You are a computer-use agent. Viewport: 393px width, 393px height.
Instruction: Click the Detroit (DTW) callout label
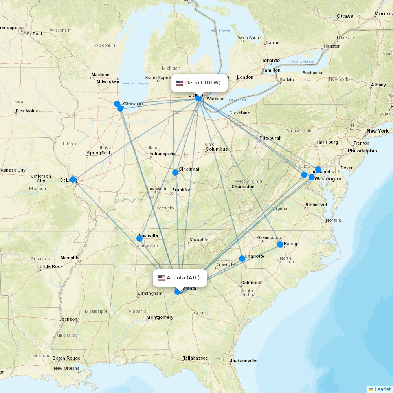(199, 83)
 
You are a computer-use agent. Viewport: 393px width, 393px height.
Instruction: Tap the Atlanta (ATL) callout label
(180, 278)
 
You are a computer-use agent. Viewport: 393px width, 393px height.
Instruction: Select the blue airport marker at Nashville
(140, 239)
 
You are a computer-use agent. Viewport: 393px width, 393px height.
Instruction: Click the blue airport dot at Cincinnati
(175, 173)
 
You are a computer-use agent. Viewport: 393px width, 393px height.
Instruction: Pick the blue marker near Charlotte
(242, 259)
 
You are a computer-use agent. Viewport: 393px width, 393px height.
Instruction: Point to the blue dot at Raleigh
(280, 244)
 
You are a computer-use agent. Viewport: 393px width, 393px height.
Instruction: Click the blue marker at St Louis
(73, 180)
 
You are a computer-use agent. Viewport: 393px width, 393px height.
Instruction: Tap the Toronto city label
(271, 61)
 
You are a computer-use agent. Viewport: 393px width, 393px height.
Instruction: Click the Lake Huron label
(219, 31)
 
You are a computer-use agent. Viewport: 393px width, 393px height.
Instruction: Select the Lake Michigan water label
(134, 83)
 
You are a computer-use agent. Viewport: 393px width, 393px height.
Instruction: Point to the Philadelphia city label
(362, 151)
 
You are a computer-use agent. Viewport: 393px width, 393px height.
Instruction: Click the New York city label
(377, 131)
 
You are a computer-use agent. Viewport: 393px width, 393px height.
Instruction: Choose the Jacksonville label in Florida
(243, 360)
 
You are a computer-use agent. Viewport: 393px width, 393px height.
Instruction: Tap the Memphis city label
(70, 258)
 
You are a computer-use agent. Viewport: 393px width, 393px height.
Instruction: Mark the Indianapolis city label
(162, 154)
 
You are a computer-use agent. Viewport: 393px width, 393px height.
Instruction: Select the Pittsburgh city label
(270, 138)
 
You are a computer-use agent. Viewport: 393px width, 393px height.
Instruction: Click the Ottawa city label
(345, 16)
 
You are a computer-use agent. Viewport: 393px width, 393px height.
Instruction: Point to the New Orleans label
(66, 369)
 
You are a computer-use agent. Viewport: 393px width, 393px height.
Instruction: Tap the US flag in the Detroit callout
(180, 83)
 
